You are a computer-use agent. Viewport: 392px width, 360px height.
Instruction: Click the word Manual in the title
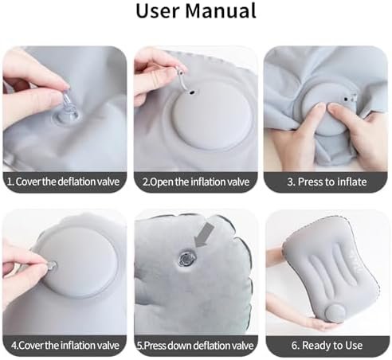pyautogui.click(x=221, y=10)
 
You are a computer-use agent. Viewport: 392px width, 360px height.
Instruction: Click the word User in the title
pyautogui.click(x=157, y=10)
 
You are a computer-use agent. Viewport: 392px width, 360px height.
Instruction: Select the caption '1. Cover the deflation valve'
pyautogui.click(x=63, y=182)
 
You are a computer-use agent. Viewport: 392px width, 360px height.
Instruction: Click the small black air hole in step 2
pyautogui.click(x=192, y=93)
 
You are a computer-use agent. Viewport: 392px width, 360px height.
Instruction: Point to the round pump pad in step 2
pyautogui.click(x=212, y=116)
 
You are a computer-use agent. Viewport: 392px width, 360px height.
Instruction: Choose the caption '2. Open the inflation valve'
pyautogui.click(x=196, y=182)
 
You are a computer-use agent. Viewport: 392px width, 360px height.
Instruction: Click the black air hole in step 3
pyautogui.click(x=346, y=100)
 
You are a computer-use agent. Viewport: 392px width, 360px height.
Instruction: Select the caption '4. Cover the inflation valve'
pyautogui.click(x=65, y=346)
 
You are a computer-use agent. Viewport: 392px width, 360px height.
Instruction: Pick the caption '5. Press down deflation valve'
pyautogui.click(x=195, y=346)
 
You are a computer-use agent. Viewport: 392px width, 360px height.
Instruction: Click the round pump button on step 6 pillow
pyautogui.click(x=336, y=312)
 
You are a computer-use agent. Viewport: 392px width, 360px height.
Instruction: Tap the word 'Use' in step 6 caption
pyautogui.click(x=354, y=346)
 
